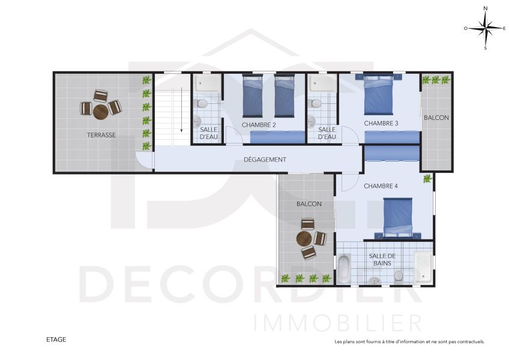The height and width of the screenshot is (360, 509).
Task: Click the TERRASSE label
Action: click(x=101, y=135)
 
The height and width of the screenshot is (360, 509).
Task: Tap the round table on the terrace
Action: click(x=101, y=112)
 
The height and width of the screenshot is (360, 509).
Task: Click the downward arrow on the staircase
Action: click(x=181, y=110)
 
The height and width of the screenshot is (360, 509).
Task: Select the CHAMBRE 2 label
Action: click(x=259, y=125)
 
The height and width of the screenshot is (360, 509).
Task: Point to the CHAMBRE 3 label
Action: click(x=381, y=124)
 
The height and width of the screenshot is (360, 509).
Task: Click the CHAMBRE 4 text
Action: click(x=381, y=186)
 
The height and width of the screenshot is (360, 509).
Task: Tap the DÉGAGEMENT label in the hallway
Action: click(x=265, y=160)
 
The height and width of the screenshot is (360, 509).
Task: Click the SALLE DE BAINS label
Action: click(x=382, y=259)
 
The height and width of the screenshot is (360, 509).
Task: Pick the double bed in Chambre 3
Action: click(x=379, y=94)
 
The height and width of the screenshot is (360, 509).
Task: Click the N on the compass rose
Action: click(x=486, y=8)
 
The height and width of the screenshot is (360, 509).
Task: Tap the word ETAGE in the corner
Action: click(x=56, y=340)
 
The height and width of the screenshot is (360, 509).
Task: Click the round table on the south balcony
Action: click(x=304, y=239)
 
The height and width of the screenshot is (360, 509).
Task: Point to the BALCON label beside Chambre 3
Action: click(x=436, y=118)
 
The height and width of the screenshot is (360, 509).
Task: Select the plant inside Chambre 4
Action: click(x=428, y=179)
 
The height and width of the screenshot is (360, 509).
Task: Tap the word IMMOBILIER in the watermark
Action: click(x=337, y=323)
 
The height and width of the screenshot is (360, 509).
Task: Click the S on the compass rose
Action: click(x=486, y=48)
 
